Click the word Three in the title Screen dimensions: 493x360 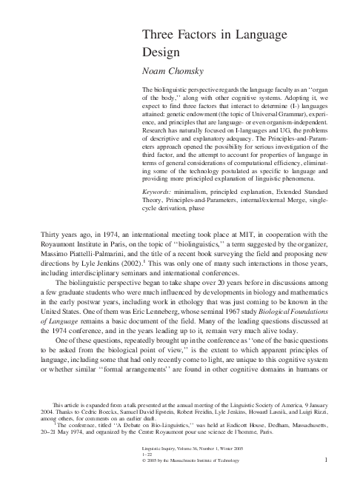[x=157, y=33]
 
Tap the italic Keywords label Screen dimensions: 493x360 [x=159, y=192]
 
